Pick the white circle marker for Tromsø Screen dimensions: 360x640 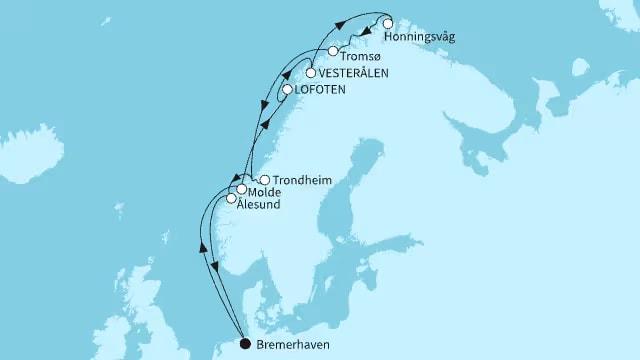[332, 51]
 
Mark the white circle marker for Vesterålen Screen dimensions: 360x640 [311, 73]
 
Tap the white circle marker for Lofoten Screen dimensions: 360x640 [287, 90]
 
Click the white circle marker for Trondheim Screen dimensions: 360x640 [264, 180]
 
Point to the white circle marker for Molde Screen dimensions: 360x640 [241, 189]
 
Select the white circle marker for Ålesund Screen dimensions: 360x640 [231, 198]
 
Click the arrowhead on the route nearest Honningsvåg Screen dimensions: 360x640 [368, 34]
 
